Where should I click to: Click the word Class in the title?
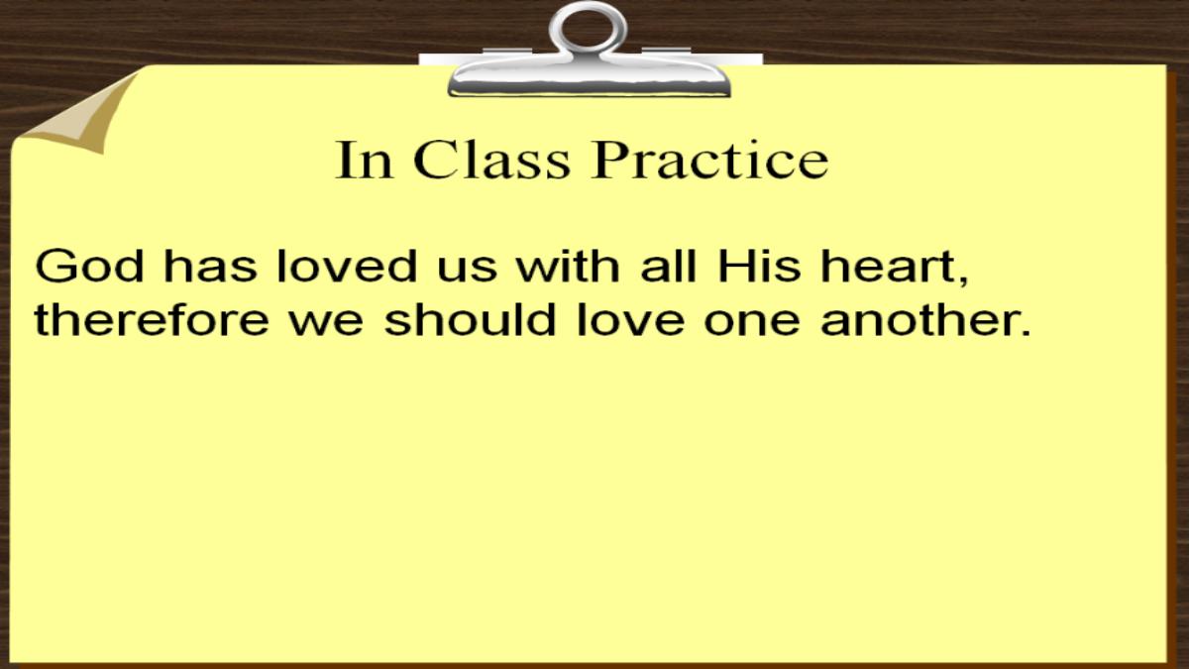click(491, 160)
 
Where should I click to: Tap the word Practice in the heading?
click(709, 160)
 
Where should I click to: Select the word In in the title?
click(365, 160)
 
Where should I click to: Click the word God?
click(89, 266)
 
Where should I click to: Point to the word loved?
click(347, 266)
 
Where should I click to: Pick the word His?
click(759, 266)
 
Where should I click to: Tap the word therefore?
click(152, 319)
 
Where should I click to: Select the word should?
click(470, 319)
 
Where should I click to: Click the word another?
click(919, 319)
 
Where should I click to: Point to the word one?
click(752, 324)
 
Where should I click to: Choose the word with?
click(568, 266)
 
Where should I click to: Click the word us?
click(467, 270)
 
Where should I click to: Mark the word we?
click(326, 324)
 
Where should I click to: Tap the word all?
click(668, 266)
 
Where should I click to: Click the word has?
click(210, 266)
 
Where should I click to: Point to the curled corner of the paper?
click(79, 114)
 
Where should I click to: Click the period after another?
click(1025, 332)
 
